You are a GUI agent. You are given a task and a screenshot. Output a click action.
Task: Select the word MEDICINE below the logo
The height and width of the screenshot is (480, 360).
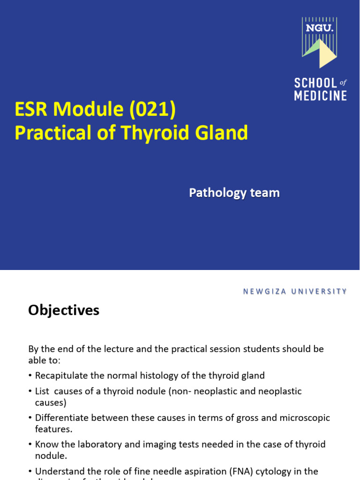tap(320, 96)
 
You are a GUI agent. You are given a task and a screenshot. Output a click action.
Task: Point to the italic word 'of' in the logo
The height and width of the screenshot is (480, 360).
tap(343, 82)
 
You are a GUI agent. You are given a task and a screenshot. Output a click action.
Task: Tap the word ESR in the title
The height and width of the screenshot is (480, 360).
tap(32, 110)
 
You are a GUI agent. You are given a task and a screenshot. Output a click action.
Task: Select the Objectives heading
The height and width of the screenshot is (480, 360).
tap(64, 310)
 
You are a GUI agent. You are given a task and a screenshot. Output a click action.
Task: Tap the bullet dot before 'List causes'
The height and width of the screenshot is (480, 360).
tap(30, 391)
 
